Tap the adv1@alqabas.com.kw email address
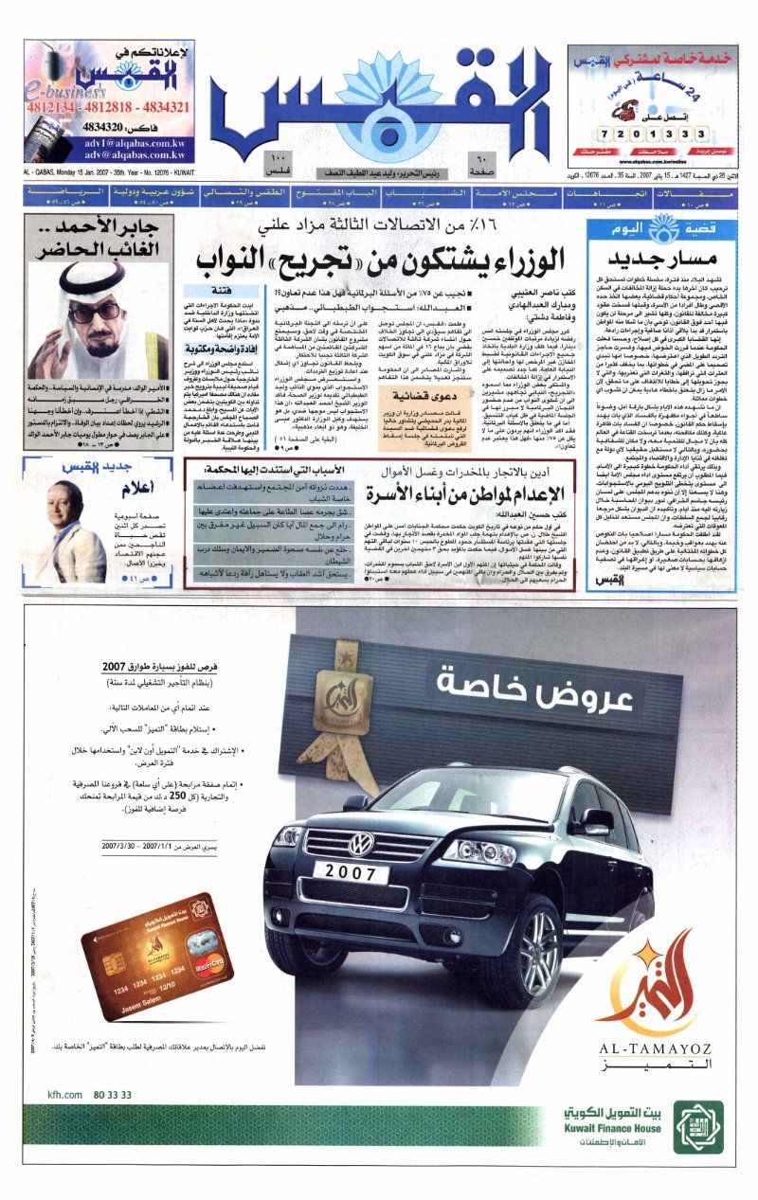tap(143, 138)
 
